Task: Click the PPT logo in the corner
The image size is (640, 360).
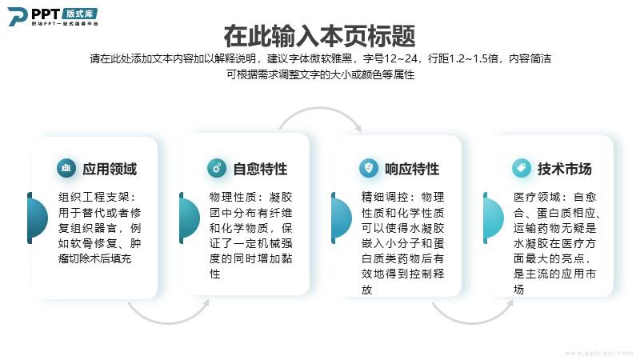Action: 53,17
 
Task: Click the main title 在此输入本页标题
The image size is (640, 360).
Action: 319,36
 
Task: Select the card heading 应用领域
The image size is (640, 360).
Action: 110,169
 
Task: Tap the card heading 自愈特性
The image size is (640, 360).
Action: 260,169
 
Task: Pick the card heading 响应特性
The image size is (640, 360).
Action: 412,169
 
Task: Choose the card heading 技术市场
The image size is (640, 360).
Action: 564,169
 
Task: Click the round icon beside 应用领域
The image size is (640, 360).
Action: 66,168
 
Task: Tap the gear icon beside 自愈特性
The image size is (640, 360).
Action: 217,168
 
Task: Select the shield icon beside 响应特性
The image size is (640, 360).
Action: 369,168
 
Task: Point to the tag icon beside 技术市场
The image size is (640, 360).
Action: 522,168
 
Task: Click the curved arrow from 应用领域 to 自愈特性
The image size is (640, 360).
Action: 168,323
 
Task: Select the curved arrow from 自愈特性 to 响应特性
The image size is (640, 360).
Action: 319,108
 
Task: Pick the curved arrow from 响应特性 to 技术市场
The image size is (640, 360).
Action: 472,323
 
